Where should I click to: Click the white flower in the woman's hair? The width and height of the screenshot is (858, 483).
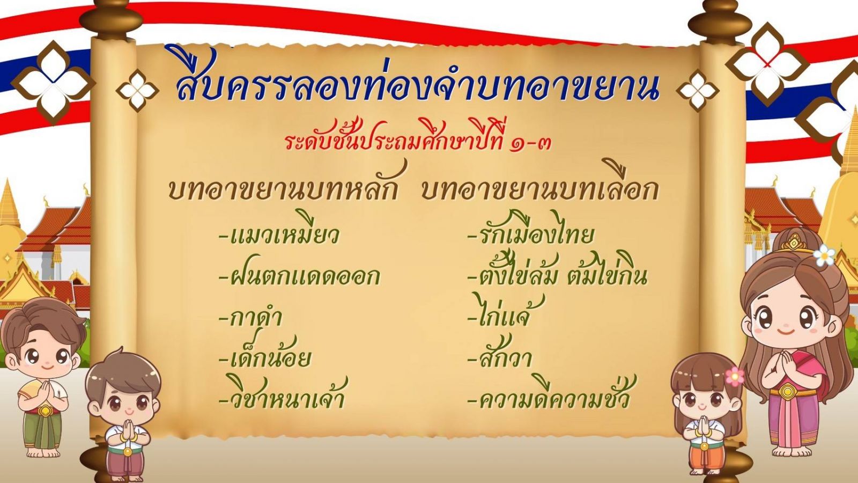(x=824, y=255)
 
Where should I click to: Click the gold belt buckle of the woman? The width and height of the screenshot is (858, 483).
(x=787, y=391)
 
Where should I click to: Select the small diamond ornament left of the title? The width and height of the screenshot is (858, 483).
(x=137, y=91)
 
